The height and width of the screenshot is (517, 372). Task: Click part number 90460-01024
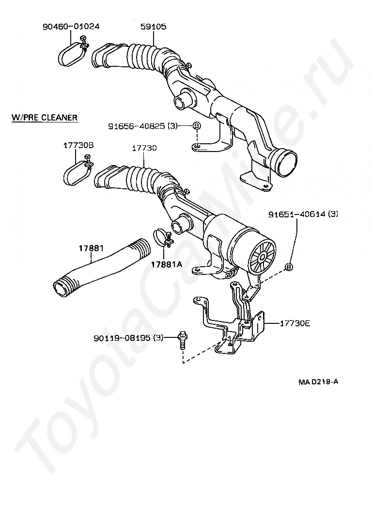pyautogui.click(x=71, y=27)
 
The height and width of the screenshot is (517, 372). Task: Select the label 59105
pyautogui.click(x=154, y=27)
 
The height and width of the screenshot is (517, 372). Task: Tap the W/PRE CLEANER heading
pyautogui.click(x=45, y=118)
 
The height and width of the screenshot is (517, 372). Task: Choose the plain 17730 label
pyautogui.click(x=144, y=148)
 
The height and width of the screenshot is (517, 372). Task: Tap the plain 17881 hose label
pyautogui.click(x=92, y=249)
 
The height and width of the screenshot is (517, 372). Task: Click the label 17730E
pyautogui.click(x=294, y=323)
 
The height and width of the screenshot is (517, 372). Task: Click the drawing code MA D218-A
pyautogui.click(x=318, y=381)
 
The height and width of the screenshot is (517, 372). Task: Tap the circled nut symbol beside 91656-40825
pyautogui.click(x=196, y=126)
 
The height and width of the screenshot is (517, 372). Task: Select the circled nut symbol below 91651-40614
pyautogui.click(x=289, y=266)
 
